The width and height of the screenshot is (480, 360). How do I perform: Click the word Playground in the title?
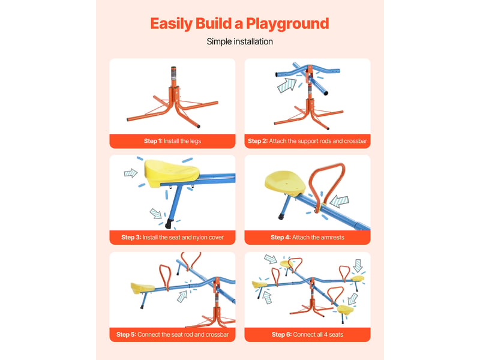tap(287, 24)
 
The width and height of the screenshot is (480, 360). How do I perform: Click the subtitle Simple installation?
tap(239, 41)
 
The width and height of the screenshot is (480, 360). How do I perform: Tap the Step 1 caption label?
tap(172, 141)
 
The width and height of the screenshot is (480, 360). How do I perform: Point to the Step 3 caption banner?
tap(172, 238)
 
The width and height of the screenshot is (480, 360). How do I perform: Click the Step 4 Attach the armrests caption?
tap(307, 238)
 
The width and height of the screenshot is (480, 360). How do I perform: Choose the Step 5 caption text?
tap(172, 335)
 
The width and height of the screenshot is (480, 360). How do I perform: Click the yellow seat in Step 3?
tap(171, 173)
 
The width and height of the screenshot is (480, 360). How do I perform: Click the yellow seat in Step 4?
tap(284, 183)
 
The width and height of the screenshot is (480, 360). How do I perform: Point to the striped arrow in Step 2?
tap(287, 85)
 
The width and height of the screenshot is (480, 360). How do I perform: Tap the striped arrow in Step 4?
tap(339, 201)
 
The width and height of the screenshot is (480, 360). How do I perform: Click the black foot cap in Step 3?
tap(169, 224)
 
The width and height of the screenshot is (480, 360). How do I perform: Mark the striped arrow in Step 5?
tap(182, 296)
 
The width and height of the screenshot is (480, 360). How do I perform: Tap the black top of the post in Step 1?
tap(173, 68)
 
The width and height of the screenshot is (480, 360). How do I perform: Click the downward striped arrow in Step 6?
tap(358, 266)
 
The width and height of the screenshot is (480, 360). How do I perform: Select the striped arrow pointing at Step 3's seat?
tap(130, 173)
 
